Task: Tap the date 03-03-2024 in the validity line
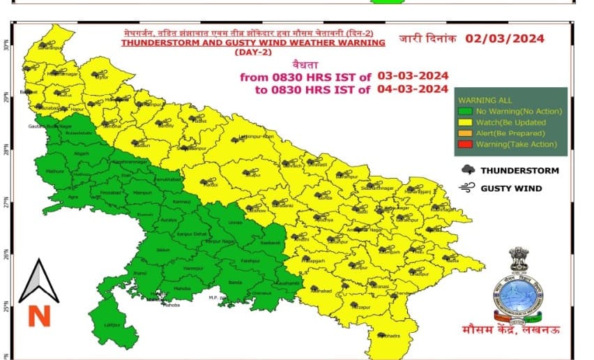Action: click(413, 75)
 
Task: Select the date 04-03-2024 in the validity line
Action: click(413, 88)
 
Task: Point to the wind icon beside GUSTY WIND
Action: click(467, 188)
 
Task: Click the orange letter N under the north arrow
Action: click(39, 316)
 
